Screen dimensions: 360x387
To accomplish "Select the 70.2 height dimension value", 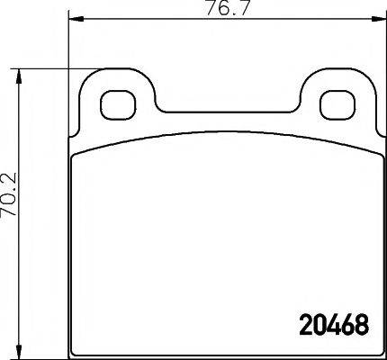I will (8, 212).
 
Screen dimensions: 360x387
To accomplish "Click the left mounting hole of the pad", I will (114, 105).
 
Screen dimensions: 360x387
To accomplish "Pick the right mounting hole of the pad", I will (339, 105).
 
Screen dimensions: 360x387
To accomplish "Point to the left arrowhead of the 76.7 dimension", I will (74, 20).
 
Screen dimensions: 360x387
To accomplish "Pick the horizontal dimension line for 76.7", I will (144, 20).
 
